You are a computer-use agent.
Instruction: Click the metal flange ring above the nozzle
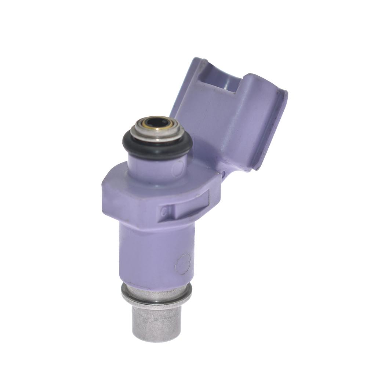[x=156, y=295]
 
